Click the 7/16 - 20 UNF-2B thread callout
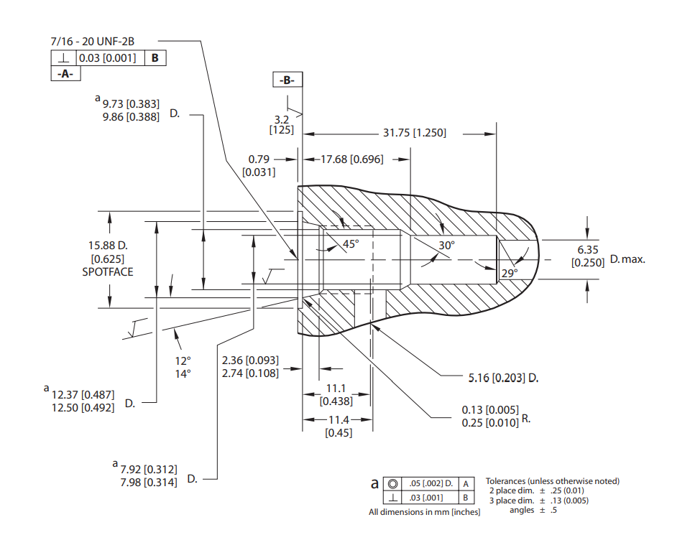pyautogui.click(x=92, y=41)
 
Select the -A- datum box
pyautogui.click(x=65, y=73)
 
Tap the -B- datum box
pyautogui.click(x=287, y=80)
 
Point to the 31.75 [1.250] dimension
pyautogui.click(x=415, y=133)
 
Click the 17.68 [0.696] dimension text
pyautogui.click(x=352, y=159)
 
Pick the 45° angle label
pyautogui.click(x=351, y=244)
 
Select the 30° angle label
pyautogui.click(x=447, y=246)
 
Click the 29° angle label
pyautogui.click(x=510, y=273)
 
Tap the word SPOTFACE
pyautogui.click(x=108, y=272)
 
